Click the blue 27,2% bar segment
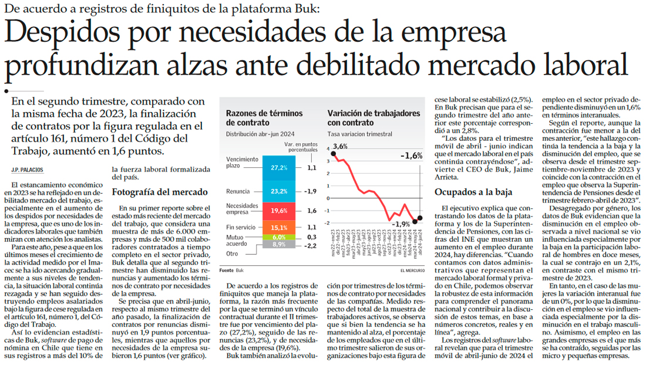tap(279, 168)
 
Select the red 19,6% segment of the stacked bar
tap(279, 211)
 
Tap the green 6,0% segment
tap(279, 237)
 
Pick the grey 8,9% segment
tap(279, 244)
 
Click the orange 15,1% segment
tap(279, 227)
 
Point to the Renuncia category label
tap(238, 191)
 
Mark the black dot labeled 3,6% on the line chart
tap(333, 154)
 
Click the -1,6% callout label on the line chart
tap(411, 156)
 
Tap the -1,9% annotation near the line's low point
tap(401, 224)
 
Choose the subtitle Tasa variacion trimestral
tap(359, 134)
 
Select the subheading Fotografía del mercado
tap(159, 192)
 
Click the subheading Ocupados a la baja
tap(473, 192)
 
